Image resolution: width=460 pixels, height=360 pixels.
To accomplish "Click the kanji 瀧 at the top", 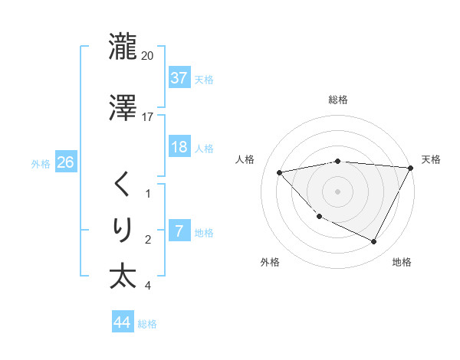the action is pos(123,47).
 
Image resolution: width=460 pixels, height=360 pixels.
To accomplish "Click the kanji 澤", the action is pos(123,109).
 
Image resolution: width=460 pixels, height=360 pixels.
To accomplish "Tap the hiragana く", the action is pos(123,185).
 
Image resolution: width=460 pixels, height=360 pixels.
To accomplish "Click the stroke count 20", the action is pos(148,56).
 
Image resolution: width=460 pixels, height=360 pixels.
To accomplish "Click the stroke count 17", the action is pos(148,117).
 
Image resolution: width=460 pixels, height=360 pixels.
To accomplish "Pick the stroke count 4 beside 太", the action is pos(148,286).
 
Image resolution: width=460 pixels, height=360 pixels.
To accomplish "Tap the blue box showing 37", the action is pos(179,78).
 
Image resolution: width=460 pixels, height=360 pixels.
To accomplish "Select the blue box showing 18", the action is pos(179,147).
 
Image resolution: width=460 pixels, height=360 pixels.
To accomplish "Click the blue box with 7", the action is pos(179,231).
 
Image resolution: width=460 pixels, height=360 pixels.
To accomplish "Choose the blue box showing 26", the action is pos(65,162).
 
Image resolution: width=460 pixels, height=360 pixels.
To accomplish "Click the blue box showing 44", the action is pos(122,322).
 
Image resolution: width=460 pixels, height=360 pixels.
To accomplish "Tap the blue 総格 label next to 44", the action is pos(147,324).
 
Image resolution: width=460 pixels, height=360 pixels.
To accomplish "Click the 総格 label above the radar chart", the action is pos(338,100).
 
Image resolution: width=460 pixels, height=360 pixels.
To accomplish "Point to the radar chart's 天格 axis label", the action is pos(431,159).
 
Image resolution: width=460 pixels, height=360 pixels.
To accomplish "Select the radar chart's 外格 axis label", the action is pos(270,262).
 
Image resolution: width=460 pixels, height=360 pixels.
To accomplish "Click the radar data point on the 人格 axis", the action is pos(280,172).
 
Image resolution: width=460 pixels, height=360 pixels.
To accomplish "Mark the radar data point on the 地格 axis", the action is pos(374,242).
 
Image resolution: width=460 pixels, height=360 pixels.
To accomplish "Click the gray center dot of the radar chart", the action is pos(338,191).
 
